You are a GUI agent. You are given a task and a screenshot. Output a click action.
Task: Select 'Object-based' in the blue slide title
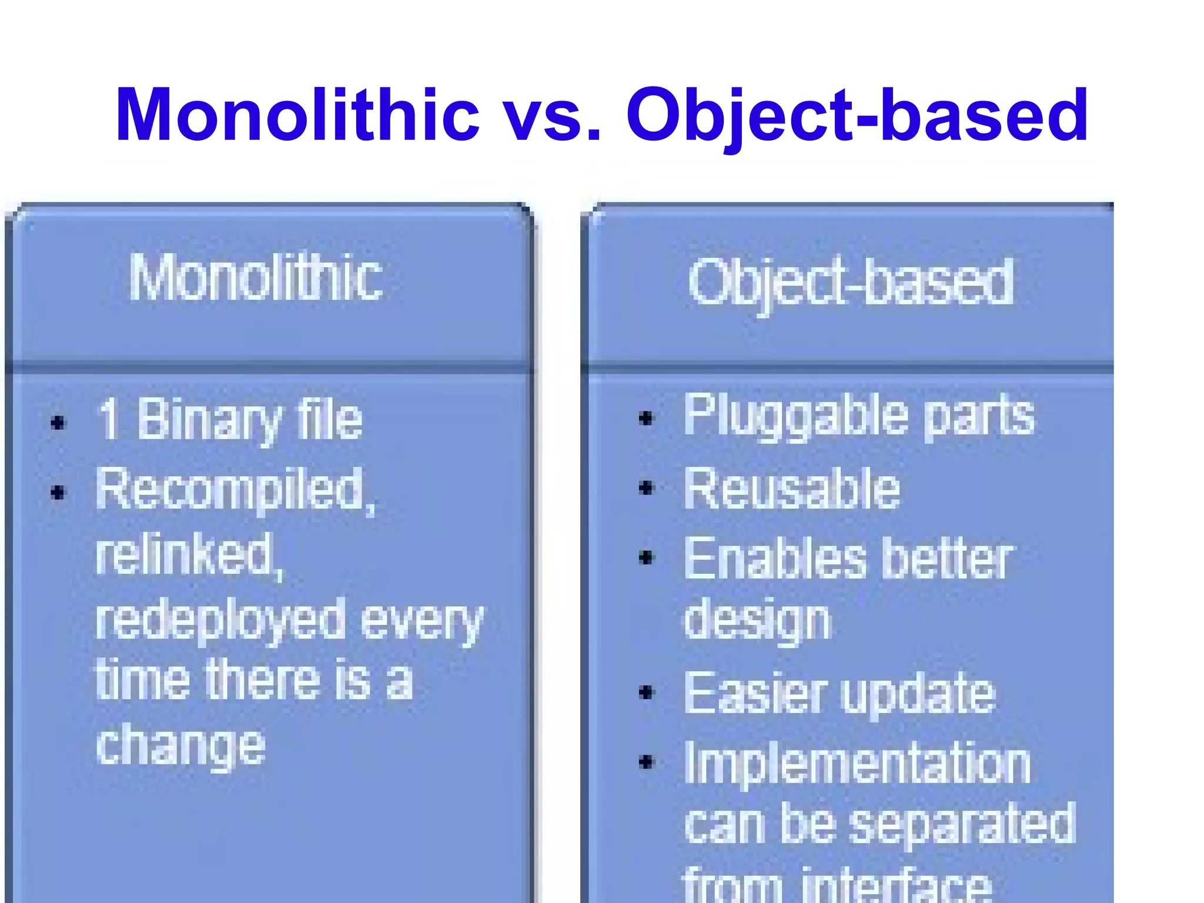(x=857, y=115)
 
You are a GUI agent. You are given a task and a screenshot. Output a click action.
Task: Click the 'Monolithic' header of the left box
(x=256, y=277)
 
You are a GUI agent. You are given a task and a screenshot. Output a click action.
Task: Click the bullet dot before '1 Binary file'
(x=58, y=423)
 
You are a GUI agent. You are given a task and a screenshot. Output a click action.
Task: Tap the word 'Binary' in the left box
(x=209, y=420)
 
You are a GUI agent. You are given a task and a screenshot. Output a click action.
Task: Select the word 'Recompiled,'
(x=235, y=489)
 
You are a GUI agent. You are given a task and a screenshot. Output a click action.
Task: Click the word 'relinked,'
(x=189, y=554)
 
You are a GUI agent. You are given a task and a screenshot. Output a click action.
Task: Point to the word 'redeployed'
(x=220, y=620)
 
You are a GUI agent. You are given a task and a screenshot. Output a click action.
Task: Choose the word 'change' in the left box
(x=180, y=746)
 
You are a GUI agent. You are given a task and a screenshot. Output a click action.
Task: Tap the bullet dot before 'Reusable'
(x=647, y=488)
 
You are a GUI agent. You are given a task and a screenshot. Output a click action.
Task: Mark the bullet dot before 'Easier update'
(x=647, y=693)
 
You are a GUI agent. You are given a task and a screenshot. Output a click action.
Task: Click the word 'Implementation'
(x=857, y=762)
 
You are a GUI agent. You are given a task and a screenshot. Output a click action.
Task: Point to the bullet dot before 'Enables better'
(x=647, y=557)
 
